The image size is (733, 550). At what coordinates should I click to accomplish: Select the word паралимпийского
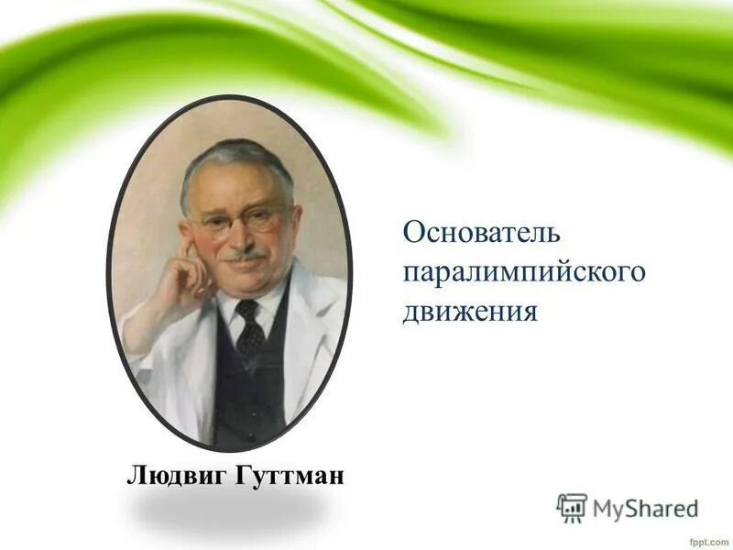pyautogui.click(x=525, y=271)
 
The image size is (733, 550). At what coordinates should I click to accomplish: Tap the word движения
pyautogui.click(x=469, y=312)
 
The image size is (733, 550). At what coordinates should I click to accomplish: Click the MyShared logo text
pyautogui.click(x=646, y=506)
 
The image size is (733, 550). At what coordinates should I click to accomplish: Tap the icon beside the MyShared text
pyautogui.click(x=572, y=507)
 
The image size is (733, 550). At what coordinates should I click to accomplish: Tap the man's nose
pyautogui.click(x=246, y=236)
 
